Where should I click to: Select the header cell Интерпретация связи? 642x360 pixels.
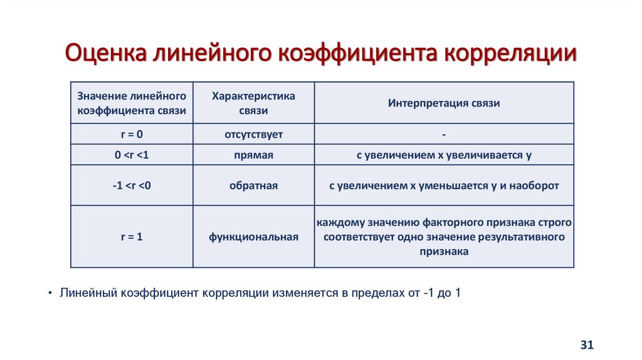pos(443,103)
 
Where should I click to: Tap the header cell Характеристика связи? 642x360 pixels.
pos(253,103)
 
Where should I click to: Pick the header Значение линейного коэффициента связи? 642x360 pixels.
pos(132,103)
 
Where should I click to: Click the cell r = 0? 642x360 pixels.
pos(132,134)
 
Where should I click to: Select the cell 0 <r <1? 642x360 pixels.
pos(132,155)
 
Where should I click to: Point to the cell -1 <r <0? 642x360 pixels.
pos(132,186)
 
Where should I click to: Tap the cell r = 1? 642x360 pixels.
pos(132,236)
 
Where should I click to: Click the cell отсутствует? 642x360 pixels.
pos(253,134)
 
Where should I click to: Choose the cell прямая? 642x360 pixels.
pos(253,155)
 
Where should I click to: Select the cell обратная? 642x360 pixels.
pos(253,186)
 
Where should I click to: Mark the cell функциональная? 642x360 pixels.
pos(253,237)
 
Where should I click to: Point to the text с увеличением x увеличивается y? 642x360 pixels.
pos(443,155)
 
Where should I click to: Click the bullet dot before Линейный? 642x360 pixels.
pos(50,293)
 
